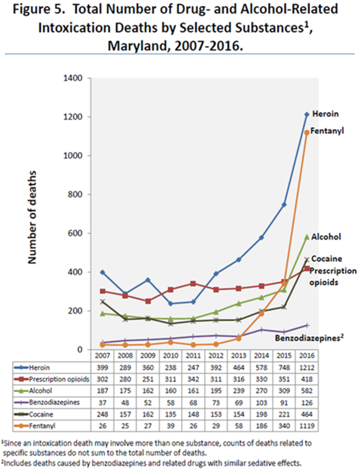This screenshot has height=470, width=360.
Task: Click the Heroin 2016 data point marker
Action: [x=307, y=115]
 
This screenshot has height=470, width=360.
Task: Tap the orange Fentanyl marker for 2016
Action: [x=307, y=133]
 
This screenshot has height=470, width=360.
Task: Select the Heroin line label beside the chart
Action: [x=325, y=114]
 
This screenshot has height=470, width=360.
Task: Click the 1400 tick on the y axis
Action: [x=75, y=78]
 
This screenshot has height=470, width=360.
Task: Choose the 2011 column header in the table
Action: [x=193, y=355]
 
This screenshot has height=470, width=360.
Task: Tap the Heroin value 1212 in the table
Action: [x=307, y=368]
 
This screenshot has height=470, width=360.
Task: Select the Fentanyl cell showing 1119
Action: [x=307, y=426]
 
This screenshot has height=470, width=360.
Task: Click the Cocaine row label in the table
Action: [x=41, y=414]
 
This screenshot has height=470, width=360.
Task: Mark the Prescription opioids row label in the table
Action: [x=59, y=379]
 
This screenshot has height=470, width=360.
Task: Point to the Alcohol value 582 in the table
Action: [x=307, y=391]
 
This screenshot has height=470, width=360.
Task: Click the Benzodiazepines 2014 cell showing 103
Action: [x=262, y=402]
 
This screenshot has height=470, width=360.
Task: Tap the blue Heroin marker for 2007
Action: [x=102, y=272]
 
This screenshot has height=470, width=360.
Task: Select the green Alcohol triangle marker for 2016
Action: [x=307, y=237]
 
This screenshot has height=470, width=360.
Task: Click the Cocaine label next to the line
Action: [x=327, y=259]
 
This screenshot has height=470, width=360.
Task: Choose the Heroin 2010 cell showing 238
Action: [x=170, y=368]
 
